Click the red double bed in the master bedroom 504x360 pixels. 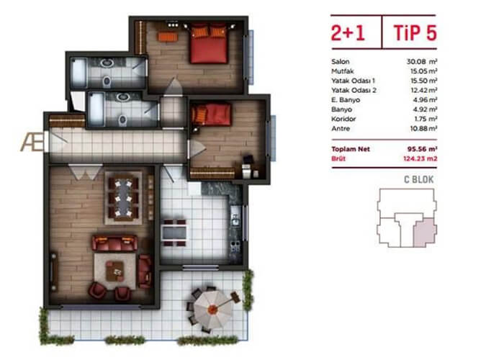[209, 44]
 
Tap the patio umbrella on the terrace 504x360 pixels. [213, 309]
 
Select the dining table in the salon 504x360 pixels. [123, 198]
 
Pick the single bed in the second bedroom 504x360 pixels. [211, 114]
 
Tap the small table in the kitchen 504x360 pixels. [174, 233]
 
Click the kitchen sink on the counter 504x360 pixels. [235, 217]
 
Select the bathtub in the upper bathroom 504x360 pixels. [78, 73]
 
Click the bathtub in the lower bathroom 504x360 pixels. [96, 109]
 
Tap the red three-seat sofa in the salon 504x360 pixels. [114, 243]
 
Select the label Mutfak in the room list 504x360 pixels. [343, 71]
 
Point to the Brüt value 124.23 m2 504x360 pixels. [420, 158]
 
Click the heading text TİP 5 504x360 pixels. [415, 32]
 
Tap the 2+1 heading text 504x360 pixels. [348, 33]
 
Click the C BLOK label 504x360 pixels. [419, 180]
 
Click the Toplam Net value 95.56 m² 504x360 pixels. [423, 149]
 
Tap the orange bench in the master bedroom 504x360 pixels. [168, 37]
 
